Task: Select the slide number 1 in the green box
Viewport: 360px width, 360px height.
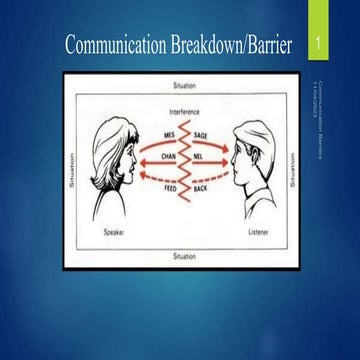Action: click(318, 45)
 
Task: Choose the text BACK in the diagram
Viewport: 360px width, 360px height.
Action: click(200, 187)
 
